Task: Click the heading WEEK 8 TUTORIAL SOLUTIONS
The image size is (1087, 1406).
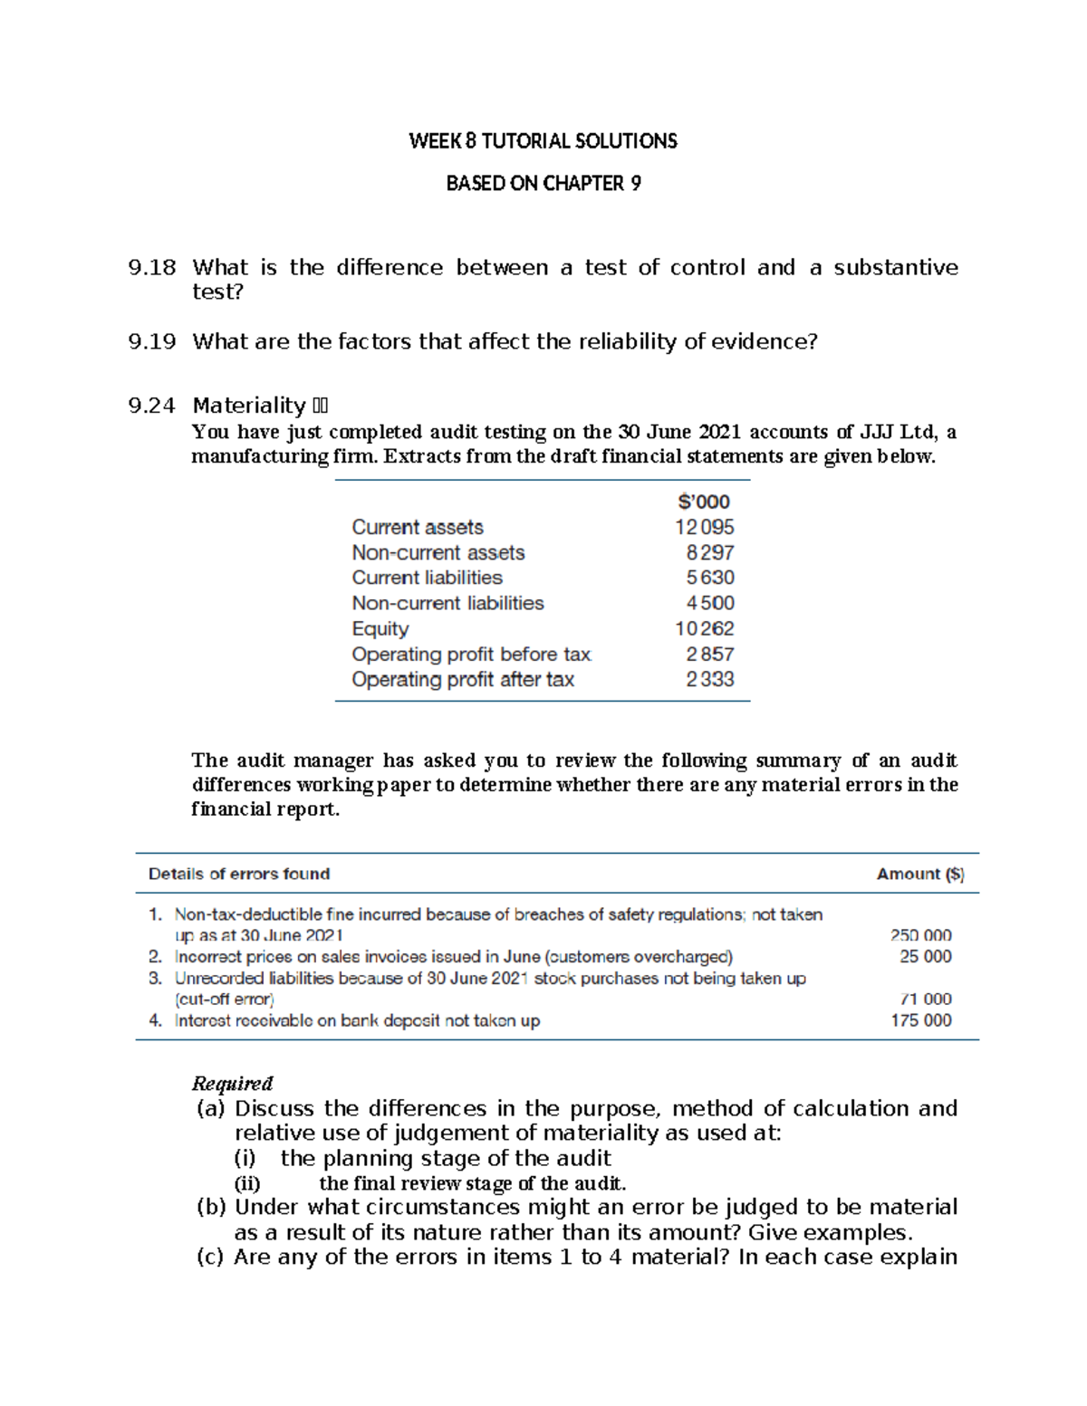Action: (x=543, y=141)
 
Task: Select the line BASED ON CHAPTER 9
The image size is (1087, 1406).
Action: (x=543, y=184)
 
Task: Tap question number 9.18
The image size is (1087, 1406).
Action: (x=152, y=268)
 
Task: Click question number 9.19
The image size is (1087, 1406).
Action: (x=152, y=342)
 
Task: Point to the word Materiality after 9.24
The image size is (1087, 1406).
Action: (x=249, y=406)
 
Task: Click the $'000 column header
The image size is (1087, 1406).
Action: (x=704, y=502)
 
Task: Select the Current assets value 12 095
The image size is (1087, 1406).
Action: (x=704, y=527)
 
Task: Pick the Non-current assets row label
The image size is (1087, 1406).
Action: (x=438, y=552)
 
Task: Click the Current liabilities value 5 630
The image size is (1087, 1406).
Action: (x=709, y=578)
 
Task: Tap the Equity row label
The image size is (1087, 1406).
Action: (x=380, y=628)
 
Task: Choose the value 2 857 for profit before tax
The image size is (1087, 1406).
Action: (x=709, y=654)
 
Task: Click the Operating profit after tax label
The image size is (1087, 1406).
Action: (x=463, y=679)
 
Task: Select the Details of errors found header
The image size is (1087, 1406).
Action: (x=239, y=874)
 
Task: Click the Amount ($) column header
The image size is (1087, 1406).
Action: (x=920, y=874)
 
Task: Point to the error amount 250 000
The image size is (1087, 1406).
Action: (x=920, y=935)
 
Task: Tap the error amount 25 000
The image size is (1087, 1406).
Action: (x=925, y=956)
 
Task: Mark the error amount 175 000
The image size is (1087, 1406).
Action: (x=920, y=1020)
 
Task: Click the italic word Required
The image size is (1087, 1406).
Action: (x=232, y=1084)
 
